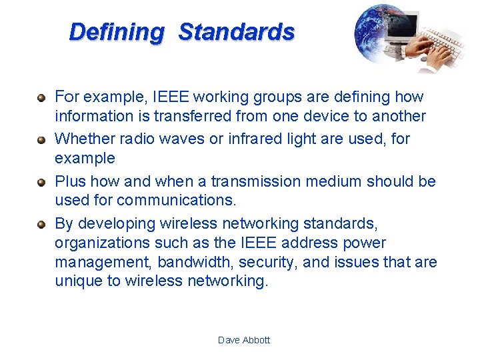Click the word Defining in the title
[116, 32]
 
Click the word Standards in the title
[237, 32]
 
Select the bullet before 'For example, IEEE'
[41, 97]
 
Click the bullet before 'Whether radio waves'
[41, 139]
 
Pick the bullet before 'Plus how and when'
[41, 182]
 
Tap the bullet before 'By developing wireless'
[41, 224]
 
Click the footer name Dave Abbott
[244, 340]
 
